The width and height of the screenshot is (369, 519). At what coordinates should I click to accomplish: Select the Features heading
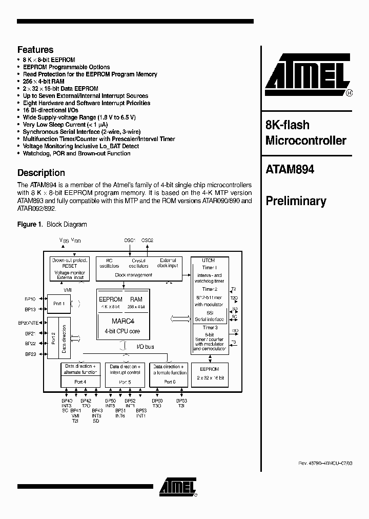pyautogui.click(x=35, y=50)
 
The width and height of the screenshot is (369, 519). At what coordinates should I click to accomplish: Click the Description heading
pyautogui.click(x=41, y=173)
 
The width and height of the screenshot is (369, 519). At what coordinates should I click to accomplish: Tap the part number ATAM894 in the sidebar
pyautogui.click(x=290, y=169)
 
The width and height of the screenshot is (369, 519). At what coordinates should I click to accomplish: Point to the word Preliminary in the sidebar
pyautogui.click(x=296, y=201)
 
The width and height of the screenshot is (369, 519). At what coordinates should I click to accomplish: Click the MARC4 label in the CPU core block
pyautogui.click(x=123, y=322)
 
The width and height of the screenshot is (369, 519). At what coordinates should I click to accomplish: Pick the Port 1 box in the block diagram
pyautogui.click(x=59, y=304)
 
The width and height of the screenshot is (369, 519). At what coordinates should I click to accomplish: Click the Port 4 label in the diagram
pyautogui.click(x=79, y=382)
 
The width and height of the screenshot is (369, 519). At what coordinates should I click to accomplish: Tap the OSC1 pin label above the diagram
pyautogui.click(x=130, y=241)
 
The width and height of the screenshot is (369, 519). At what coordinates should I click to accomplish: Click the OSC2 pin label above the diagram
pyautogui.click(x=148, y=241)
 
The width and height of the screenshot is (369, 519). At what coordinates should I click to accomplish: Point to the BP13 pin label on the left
pyautogui.click(x=30, y=309)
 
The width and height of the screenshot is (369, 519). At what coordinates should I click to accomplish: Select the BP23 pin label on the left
pyautogui.click(x=30, y=354)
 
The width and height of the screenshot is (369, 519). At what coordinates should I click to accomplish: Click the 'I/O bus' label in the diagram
pyautogui.click(x=146, y=347)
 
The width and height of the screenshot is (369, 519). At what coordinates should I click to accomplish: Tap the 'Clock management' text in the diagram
pyautogui.click(x=134, y=275)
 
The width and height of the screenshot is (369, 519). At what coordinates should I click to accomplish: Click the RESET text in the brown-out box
pyautogui.click(x=70, y=266)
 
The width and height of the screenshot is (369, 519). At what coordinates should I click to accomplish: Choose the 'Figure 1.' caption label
pyautogui.click(x=30, y=225)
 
